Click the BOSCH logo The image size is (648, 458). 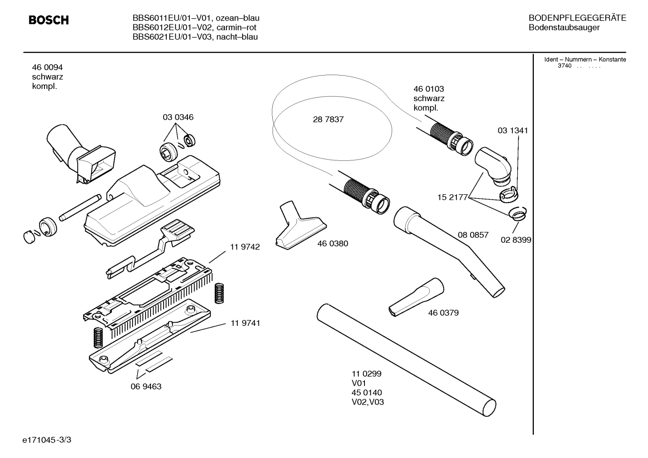(49, 20)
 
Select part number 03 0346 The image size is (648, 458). (178, 117)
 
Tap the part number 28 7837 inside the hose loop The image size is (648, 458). (328, 120)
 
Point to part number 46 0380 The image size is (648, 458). (333, 244)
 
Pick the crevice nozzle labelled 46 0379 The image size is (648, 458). (416, 297)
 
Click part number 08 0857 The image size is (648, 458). (473, 235)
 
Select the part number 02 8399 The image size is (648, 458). (516, 240)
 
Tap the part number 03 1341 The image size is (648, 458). (513, 130)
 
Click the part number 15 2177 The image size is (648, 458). (453, 197)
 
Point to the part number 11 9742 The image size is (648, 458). (245, 247)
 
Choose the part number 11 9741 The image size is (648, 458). (245, 323)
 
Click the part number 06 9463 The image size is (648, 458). (146, 387)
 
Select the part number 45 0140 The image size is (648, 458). (367, 393)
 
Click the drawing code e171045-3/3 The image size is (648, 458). (47, 440)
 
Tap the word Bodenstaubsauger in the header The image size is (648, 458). (564, 27)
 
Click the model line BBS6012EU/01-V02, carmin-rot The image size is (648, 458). (195, 27)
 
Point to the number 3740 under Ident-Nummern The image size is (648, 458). (564, 66)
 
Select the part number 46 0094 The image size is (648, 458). (47, 67)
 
